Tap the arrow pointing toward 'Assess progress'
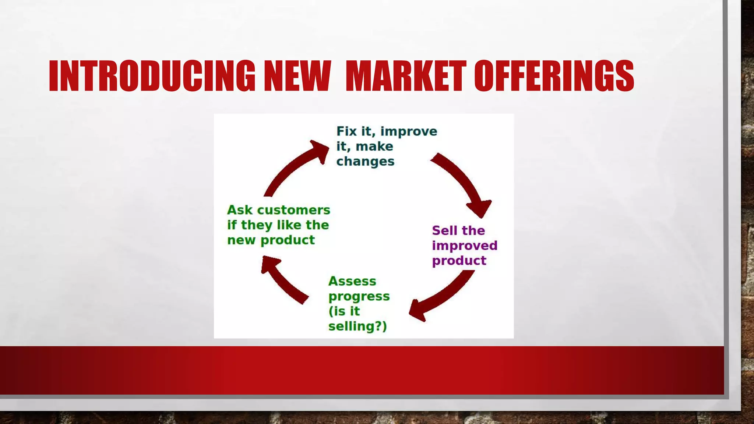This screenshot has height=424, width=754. click(x=442, y=296)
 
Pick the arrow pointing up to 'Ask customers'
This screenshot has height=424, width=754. click(x=283, y=280)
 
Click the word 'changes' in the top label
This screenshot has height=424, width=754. click(x=365, y=162)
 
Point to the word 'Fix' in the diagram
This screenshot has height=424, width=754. click(x=346, y=131)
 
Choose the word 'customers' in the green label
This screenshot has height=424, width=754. click(x=293, y=210)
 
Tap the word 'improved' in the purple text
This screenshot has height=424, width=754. click(x=465, y=246)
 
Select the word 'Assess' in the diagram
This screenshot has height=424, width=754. click(x=352, y=281)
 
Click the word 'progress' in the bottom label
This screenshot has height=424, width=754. click(x=359, y=297)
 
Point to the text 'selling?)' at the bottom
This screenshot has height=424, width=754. click(x=357, y=326)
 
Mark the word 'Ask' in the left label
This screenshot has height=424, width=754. click(x=240, y=210)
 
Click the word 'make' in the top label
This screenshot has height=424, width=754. click(x=374, y=146)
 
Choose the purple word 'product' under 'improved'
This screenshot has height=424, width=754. click(x=459, y=261)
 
